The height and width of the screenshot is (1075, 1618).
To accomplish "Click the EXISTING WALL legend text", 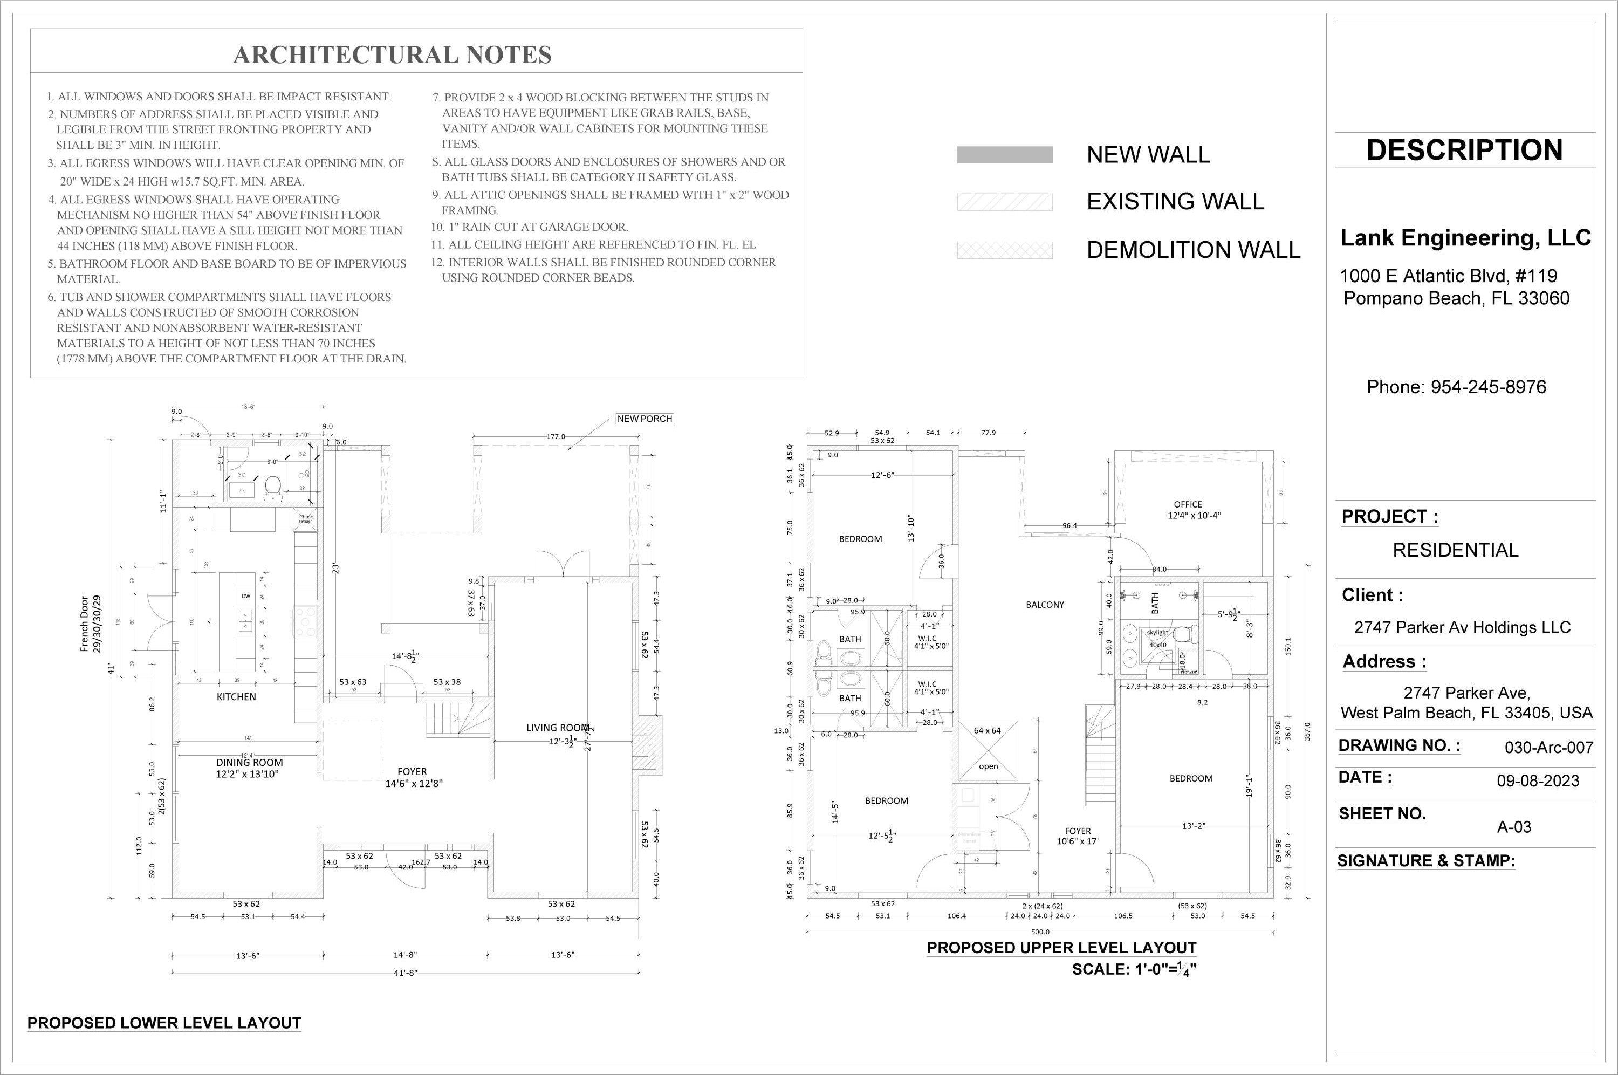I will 1175,202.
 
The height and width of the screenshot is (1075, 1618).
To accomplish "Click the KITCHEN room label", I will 236,696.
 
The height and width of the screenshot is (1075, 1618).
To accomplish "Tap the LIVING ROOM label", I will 557,728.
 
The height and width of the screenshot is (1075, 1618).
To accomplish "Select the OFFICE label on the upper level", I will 1188,504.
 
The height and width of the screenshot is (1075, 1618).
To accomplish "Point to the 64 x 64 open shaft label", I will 987,731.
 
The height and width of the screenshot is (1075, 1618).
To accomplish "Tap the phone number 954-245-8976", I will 1456,387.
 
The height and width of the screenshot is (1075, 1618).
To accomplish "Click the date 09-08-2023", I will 1538,781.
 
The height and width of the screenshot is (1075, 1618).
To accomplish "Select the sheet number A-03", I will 1514,827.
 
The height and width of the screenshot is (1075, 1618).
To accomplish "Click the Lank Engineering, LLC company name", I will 1465,238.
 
